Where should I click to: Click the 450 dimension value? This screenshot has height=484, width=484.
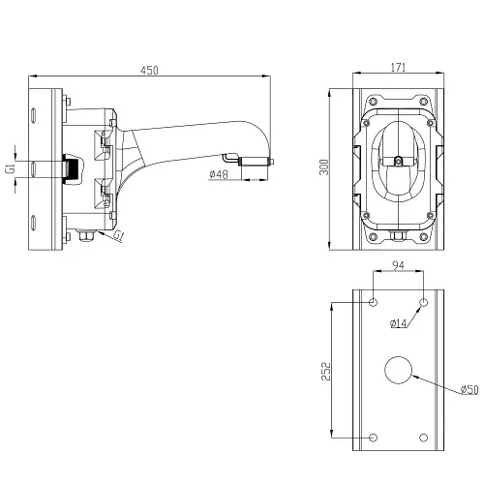(x=149, y=71)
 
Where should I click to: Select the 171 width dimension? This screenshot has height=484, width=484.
(x=398, y=68)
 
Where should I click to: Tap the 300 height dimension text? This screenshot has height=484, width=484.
(x=324, y=166)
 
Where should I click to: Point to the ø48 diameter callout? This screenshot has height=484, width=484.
(x=219, y=174)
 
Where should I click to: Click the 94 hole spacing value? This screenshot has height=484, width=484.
(x=398, y=265)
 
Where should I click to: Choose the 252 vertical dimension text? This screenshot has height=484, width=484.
(x=326, y=372)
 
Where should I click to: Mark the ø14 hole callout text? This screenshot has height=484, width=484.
(x=399, y=323)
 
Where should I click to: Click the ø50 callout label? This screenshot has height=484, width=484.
(x=469, y=389)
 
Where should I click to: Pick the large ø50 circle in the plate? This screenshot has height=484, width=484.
(x=399, y=370)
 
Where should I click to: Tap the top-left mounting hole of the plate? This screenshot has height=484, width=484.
(x=374, y=303)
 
